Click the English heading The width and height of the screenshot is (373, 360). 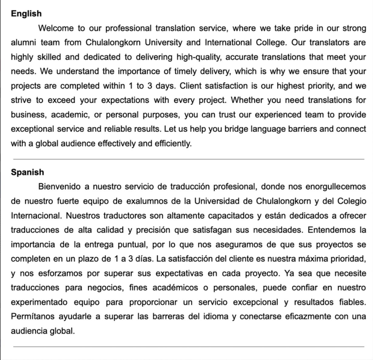click(26, 14)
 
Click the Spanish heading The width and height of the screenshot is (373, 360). click(27, 172)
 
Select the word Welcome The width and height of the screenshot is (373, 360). click(56, 28)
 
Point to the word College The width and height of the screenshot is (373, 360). click(271, 42)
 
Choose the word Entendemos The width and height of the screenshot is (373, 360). click(331, 230)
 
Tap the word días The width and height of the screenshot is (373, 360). click(144, 259)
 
